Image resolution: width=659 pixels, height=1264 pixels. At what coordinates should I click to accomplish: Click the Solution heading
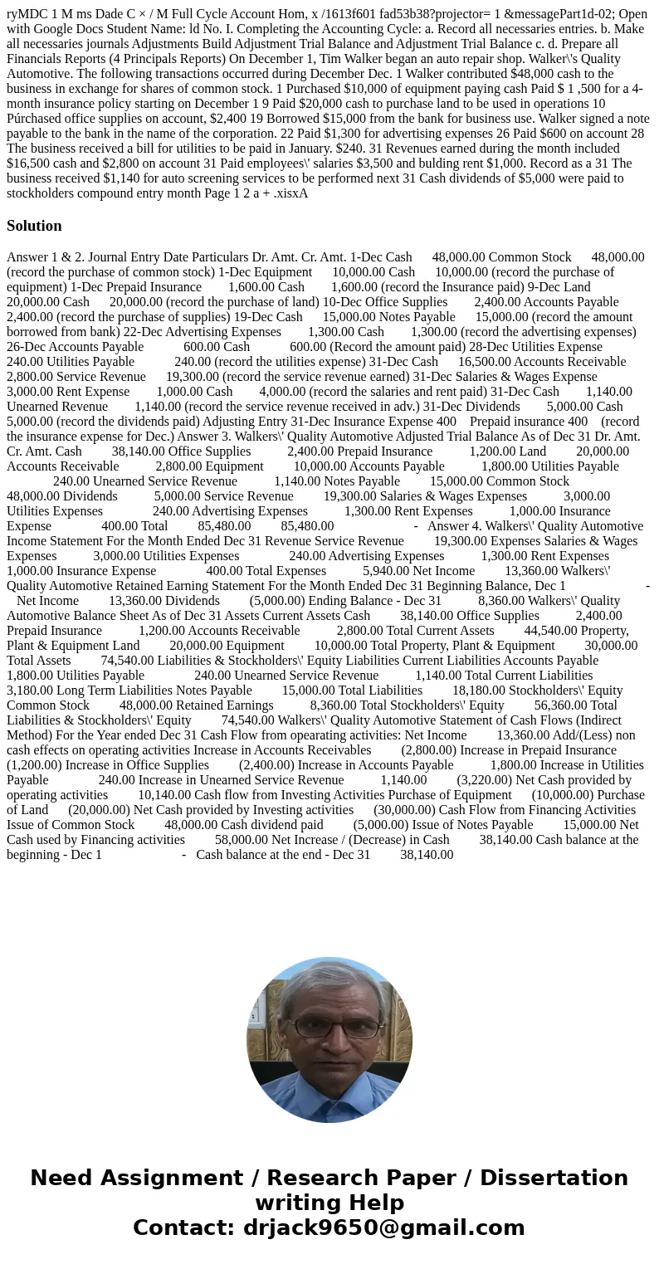coord(34,226)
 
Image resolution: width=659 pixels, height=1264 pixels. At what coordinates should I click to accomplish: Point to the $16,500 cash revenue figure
coord(36,163)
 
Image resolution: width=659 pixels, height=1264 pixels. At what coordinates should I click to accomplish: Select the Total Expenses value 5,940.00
coord(385,571)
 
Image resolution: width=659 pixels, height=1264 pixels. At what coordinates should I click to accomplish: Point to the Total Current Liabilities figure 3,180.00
coord(28,691)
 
